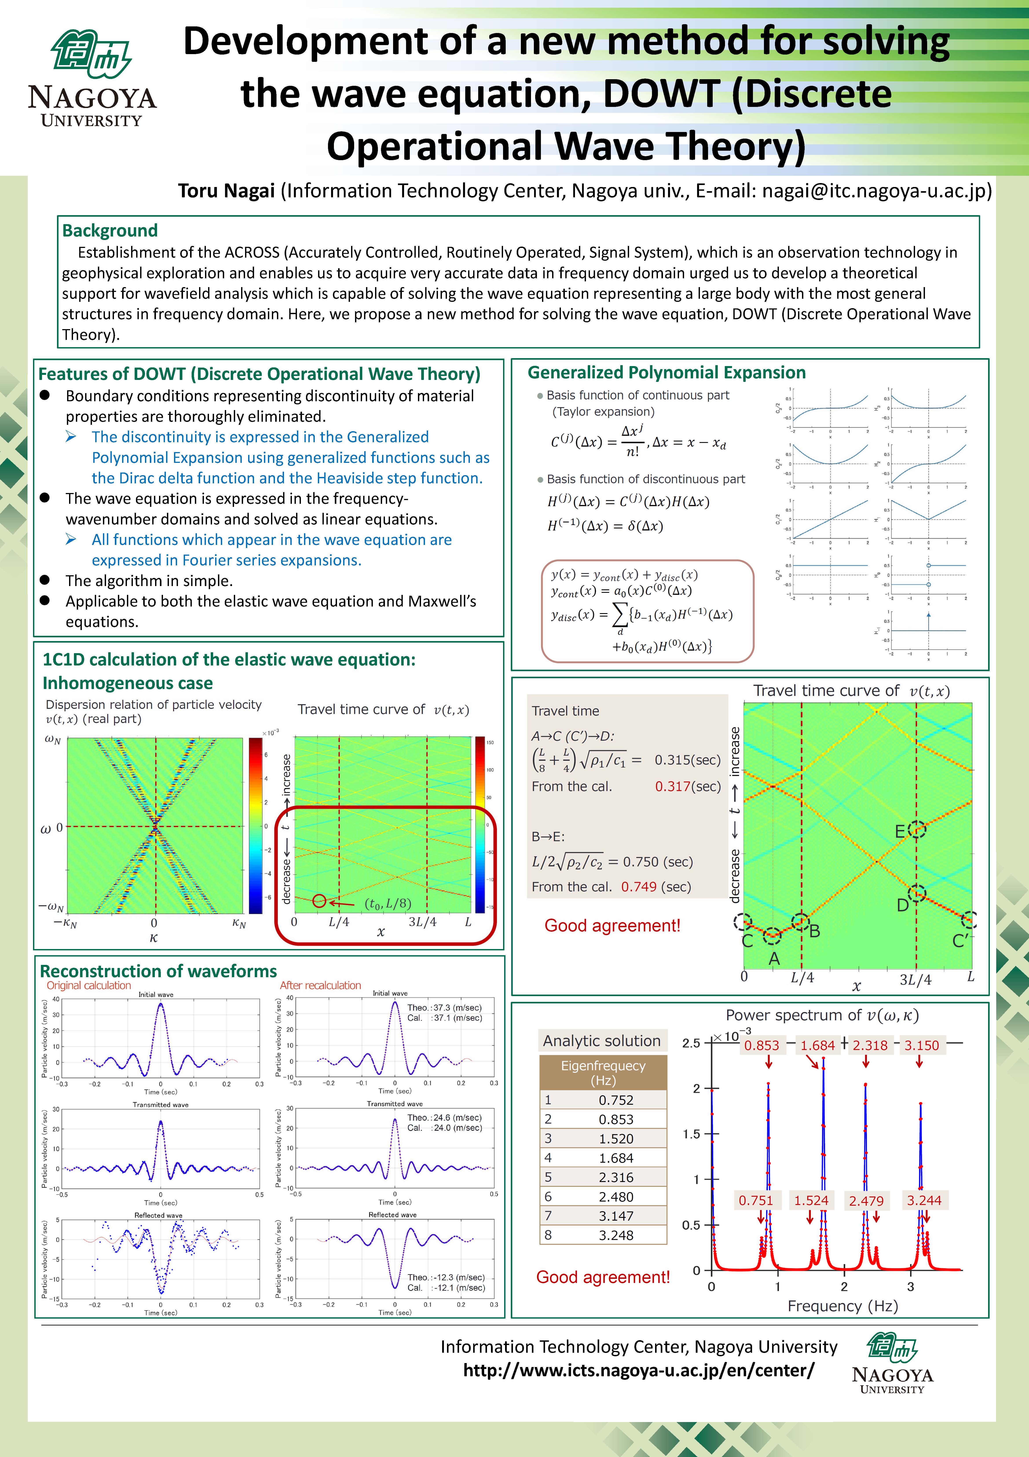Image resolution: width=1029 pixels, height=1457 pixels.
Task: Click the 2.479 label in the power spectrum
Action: [x=866, y=1201]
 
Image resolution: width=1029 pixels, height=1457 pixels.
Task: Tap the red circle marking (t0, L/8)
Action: [x=319, y=900]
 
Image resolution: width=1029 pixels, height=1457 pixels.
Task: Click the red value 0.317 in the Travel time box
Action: [x=672, y=786]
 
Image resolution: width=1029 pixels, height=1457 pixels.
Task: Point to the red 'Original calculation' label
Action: [x=89, y=986]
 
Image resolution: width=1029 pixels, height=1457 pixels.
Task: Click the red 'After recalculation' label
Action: [x=320, y=986]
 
